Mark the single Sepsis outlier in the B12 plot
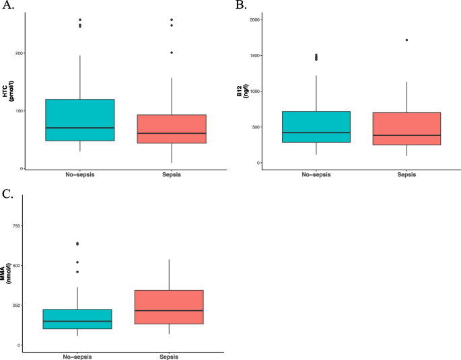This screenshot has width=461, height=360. (406, 40)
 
